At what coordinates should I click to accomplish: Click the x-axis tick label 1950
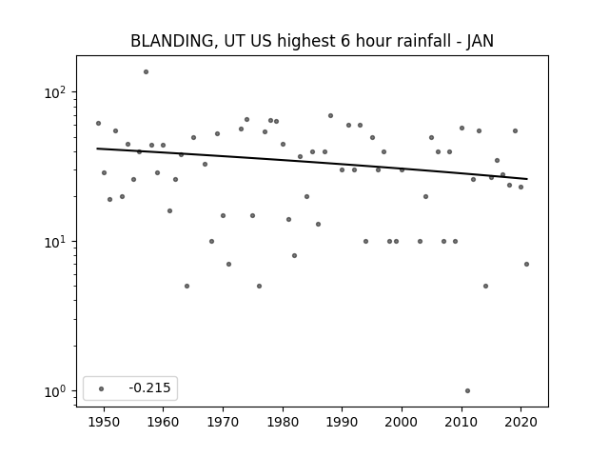(104, 422)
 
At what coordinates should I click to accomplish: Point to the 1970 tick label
(223, 422)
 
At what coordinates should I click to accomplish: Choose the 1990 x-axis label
(342, 422)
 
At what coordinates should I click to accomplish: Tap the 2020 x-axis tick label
(521, 422)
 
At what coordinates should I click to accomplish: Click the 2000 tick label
(402, 422)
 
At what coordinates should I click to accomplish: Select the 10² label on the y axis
(56, 92)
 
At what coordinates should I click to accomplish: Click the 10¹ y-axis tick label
(56, 242)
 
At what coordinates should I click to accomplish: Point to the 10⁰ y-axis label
(56, 391)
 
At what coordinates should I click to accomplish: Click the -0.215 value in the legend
(149, 387)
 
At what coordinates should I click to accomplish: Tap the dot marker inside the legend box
(102, 388)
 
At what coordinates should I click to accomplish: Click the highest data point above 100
(146, 72)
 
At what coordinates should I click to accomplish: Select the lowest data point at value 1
(467, 391)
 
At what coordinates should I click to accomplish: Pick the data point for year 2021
(526, 265)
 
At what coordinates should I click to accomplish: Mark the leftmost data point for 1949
(98, 123)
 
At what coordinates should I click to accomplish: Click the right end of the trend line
(527, 179)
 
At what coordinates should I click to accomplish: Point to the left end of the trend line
(97, 149)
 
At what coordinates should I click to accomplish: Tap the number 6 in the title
(345, 41)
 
